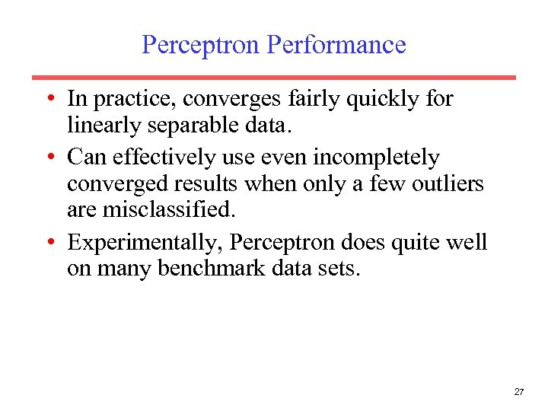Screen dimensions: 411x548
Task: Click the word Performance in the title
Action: point(336,45)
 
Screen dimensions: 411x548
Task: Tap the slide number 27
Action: point(519,391)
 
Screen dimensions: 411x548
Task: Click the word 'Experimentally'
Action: point(145,242)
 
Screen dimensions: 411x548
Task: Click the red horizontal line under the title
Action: point(274,77)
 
